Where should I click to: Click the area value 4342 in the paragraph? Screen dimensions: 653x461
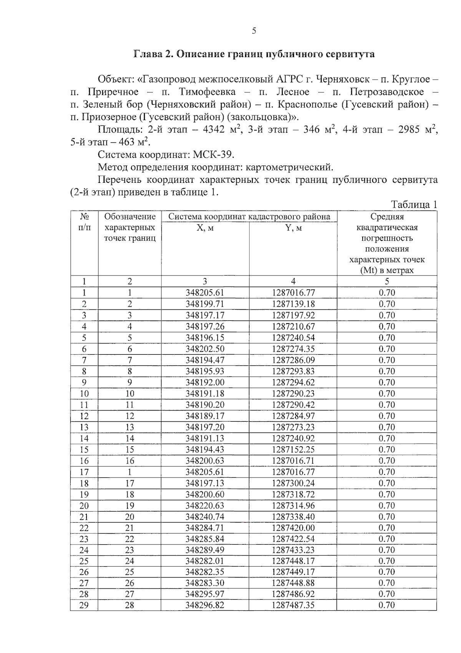213,130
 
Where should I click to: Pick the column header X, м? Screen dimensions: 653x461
205,228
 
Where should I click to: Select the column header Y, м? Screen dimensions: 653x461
293,228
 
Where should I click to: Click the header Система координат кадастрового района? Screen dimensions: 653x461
249,217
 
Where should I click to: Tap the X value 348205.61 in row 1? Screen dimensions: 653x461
205,293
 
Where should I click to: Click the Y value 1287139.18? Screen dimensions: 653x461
293,304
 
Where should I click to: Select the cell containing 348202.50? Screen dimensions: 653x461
205,349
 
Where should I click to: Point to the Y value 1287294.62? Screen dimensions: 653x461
293,382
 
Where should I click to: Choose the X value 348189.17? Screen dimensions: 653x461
205,416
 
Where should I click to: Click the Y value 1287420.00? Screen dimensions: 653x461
293,528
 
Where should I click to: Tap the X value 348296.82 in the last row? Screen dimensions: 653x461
205,605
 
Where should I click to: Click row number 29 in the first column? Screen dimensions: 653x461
84,605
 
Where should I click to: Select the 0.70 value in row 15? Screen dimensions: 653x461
387,449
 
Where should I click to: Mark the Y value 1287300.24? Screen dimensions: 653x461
293,483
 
